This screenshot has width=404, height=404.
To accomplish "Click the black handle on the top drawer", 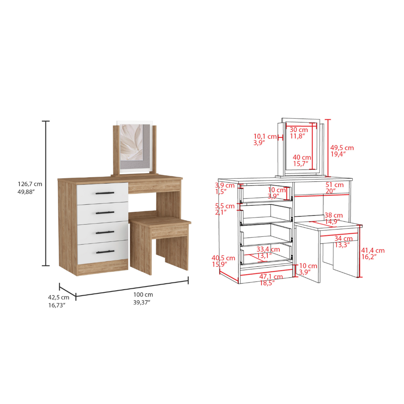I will click(105, 193).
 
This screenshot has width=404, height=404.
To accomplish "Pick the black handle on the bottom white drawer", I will click(105, 251).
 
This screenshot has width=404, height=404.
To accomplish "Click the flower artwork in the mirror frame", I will click(132, 146).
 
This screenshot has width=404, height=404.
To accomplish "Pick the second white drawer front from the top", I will click(103, 213).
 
